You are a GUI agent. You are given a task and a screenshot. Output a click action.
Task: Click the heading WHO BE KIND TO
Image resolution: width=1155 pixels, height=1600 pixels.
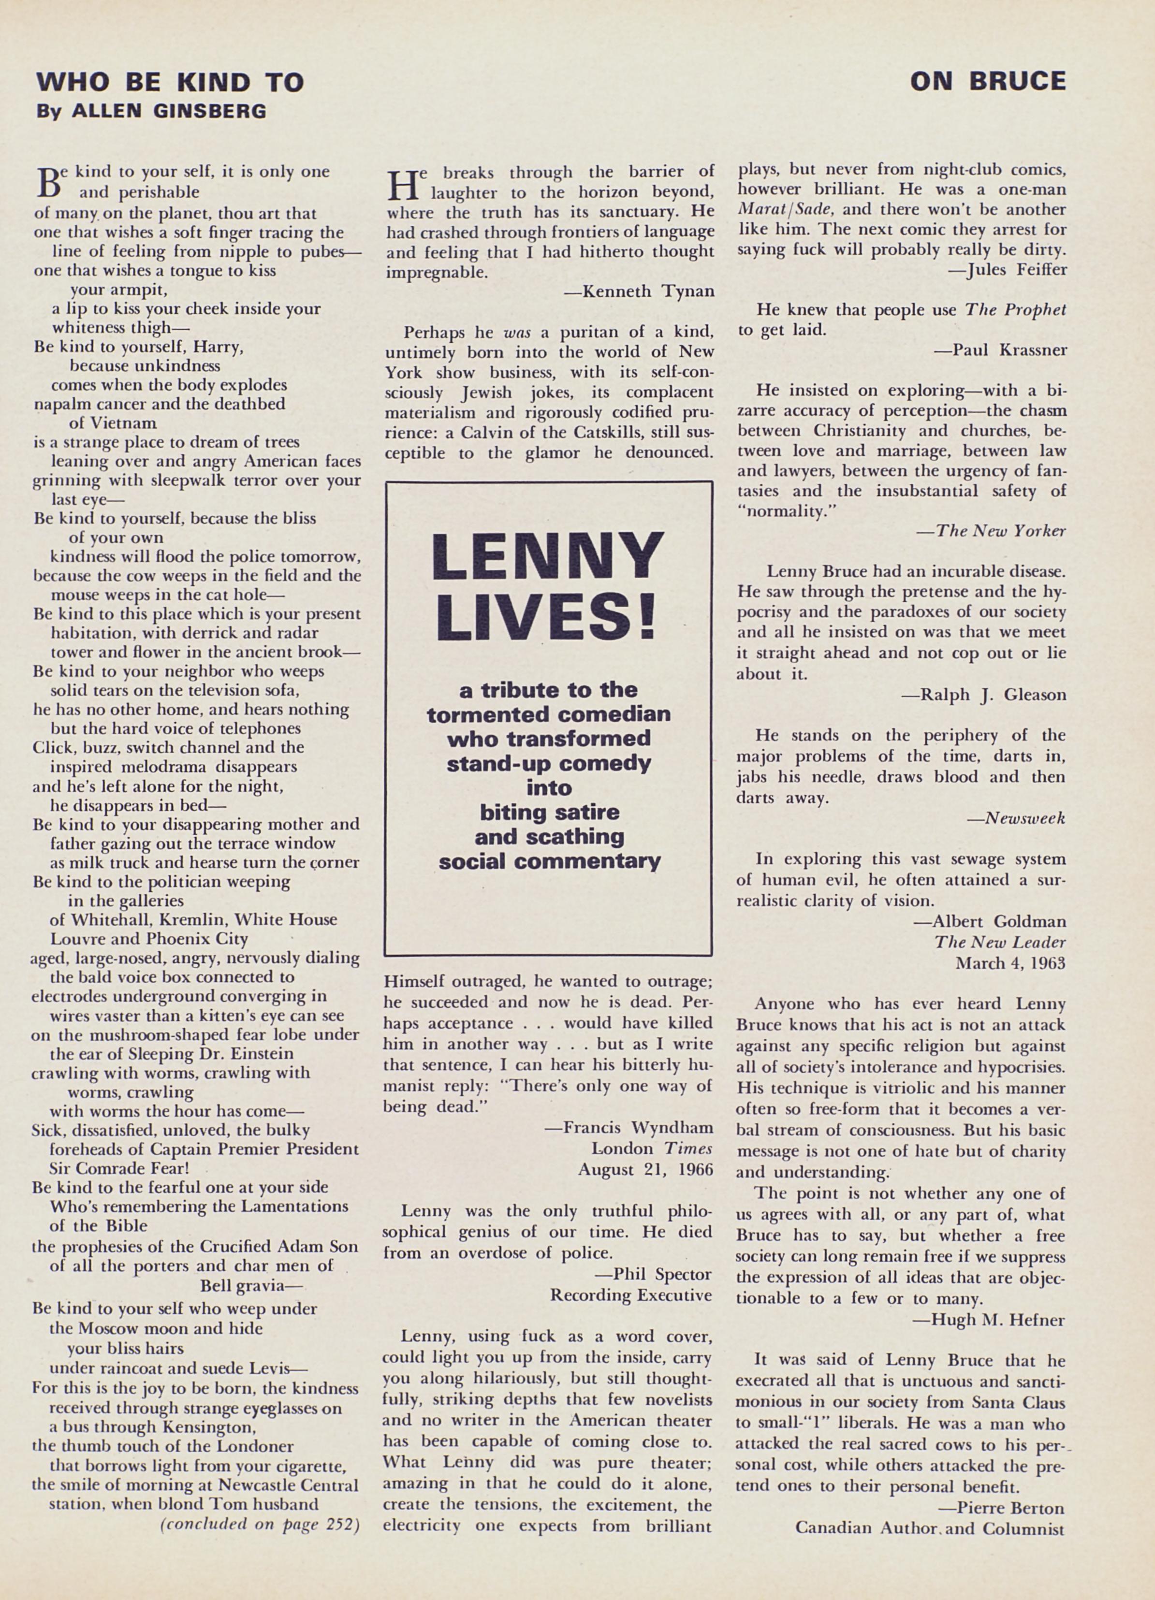170,83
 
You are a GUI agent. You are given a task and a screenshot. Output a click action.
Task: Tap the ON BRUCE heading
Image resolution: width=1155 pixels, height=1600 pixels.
988,82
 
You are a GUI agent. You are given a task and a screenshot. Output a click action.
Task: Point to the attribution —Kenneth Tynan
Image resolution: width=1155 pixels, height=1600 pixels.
639,291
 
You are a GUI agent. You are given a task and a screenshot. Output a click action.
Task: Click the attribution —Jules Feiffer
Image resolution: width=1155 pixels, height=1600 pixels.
1006,270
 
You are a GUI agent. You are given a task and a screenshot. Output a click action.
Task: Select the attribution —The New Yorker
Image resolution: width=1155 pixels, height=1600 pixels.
991,531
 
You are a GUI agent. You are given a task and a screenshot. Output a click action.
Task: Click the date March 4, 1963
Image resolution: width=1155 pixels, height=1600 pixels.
1009,962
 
